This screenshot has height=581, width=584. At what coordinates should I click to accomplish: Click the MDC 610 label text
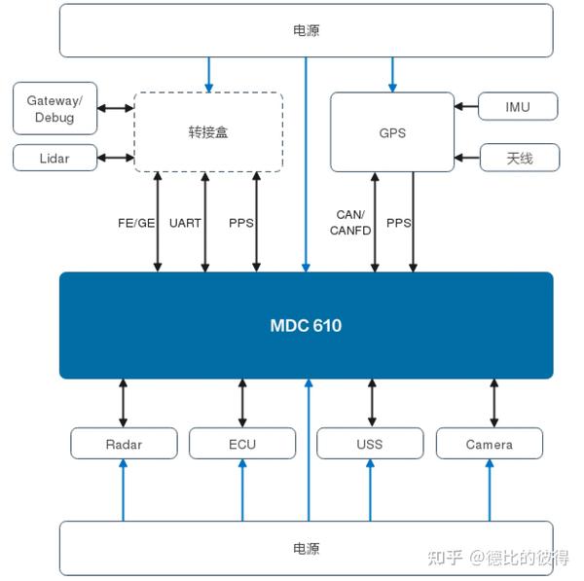tap(306, 325)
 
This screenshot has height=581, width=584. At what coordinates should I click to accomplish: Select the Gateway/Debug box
tap(55, 109)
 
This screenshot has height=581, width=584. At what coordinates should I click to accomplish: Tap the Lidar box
tap(55, 158)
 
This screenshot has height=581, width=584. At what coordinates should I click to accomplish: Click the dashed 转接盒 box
tap(207, 131)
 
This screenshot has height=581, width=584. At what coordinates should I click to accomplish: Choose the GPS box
tap(392, 131)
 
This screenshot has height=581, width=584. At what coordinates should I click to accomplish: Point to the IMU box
tap(519, 106)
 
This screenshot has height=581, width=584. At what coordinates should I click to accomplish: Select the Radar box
tap(124, 444)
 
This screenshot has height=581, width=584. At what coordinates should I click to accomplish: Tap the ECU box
tap(242, 444)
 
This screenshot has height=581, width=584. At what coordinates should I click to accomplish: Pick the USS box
tap(370, 444)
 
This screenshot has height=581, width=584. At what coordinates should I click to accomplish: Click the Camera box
tap(489, 444)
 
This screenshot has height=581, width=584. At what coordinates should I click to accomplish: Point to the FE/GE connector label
tap(136, 223)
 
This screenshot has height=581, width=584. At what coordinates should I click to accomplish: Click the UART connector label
tap(185, 223)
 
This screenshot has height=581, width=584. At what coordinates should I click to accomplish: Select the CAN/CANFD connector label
tap(347, 222)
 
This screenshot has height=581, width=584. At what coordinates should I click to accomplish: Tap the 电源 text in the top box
tap(306, 30)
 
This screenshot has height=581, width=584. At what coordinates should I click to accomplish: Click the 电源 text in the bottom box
tap(306, 549)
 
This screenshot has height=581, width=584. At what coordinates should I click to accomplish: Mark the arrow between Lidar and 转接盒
tap(115, 158)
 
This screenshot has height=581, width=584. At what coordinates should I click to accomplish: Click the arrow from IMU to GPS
tap(467, 106)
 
